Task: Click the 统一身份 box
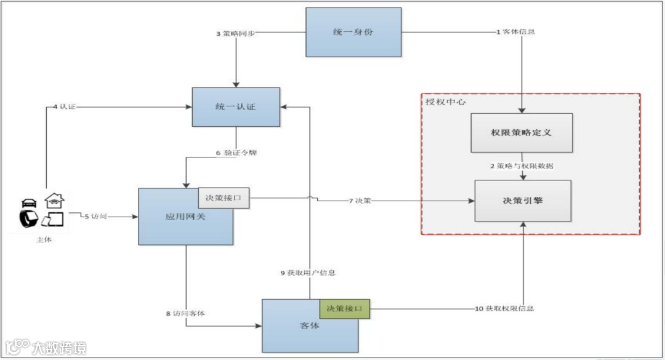pos(353,32)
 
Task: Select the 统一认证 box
pos(236,106)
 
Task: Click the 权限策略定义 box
pos(522,132)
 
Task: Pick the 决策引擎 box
pos(523,201)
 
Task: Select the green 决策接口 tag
pos(344,308)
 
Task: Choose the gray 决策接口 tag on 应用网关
pos(224,198)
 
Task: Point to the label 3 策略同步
pos(235,33)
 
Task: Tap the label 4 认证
pos(63,106)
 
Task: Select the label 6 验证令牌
pos(236,152)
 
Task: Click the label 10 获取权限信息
pos(504,308)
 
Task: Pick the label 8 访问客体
pos(185,313)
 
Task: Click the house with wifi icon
pos(54,200)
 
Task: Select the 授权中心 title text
pos(446,102)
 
